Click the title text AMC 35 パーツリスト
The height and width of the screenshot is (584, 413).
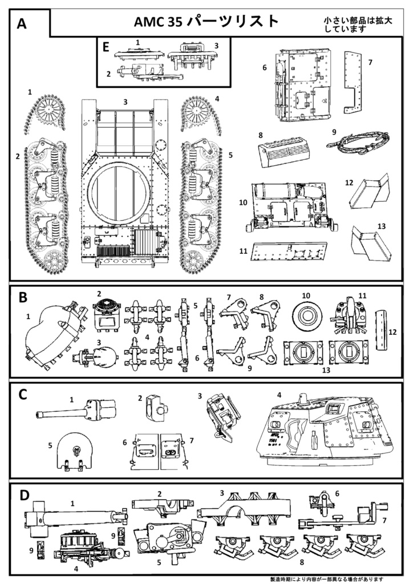point(206,22)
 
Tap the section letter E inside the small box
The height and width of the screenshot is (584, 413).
point(106,46)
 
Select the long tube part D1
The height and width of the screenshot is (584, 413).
point(74,518)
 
